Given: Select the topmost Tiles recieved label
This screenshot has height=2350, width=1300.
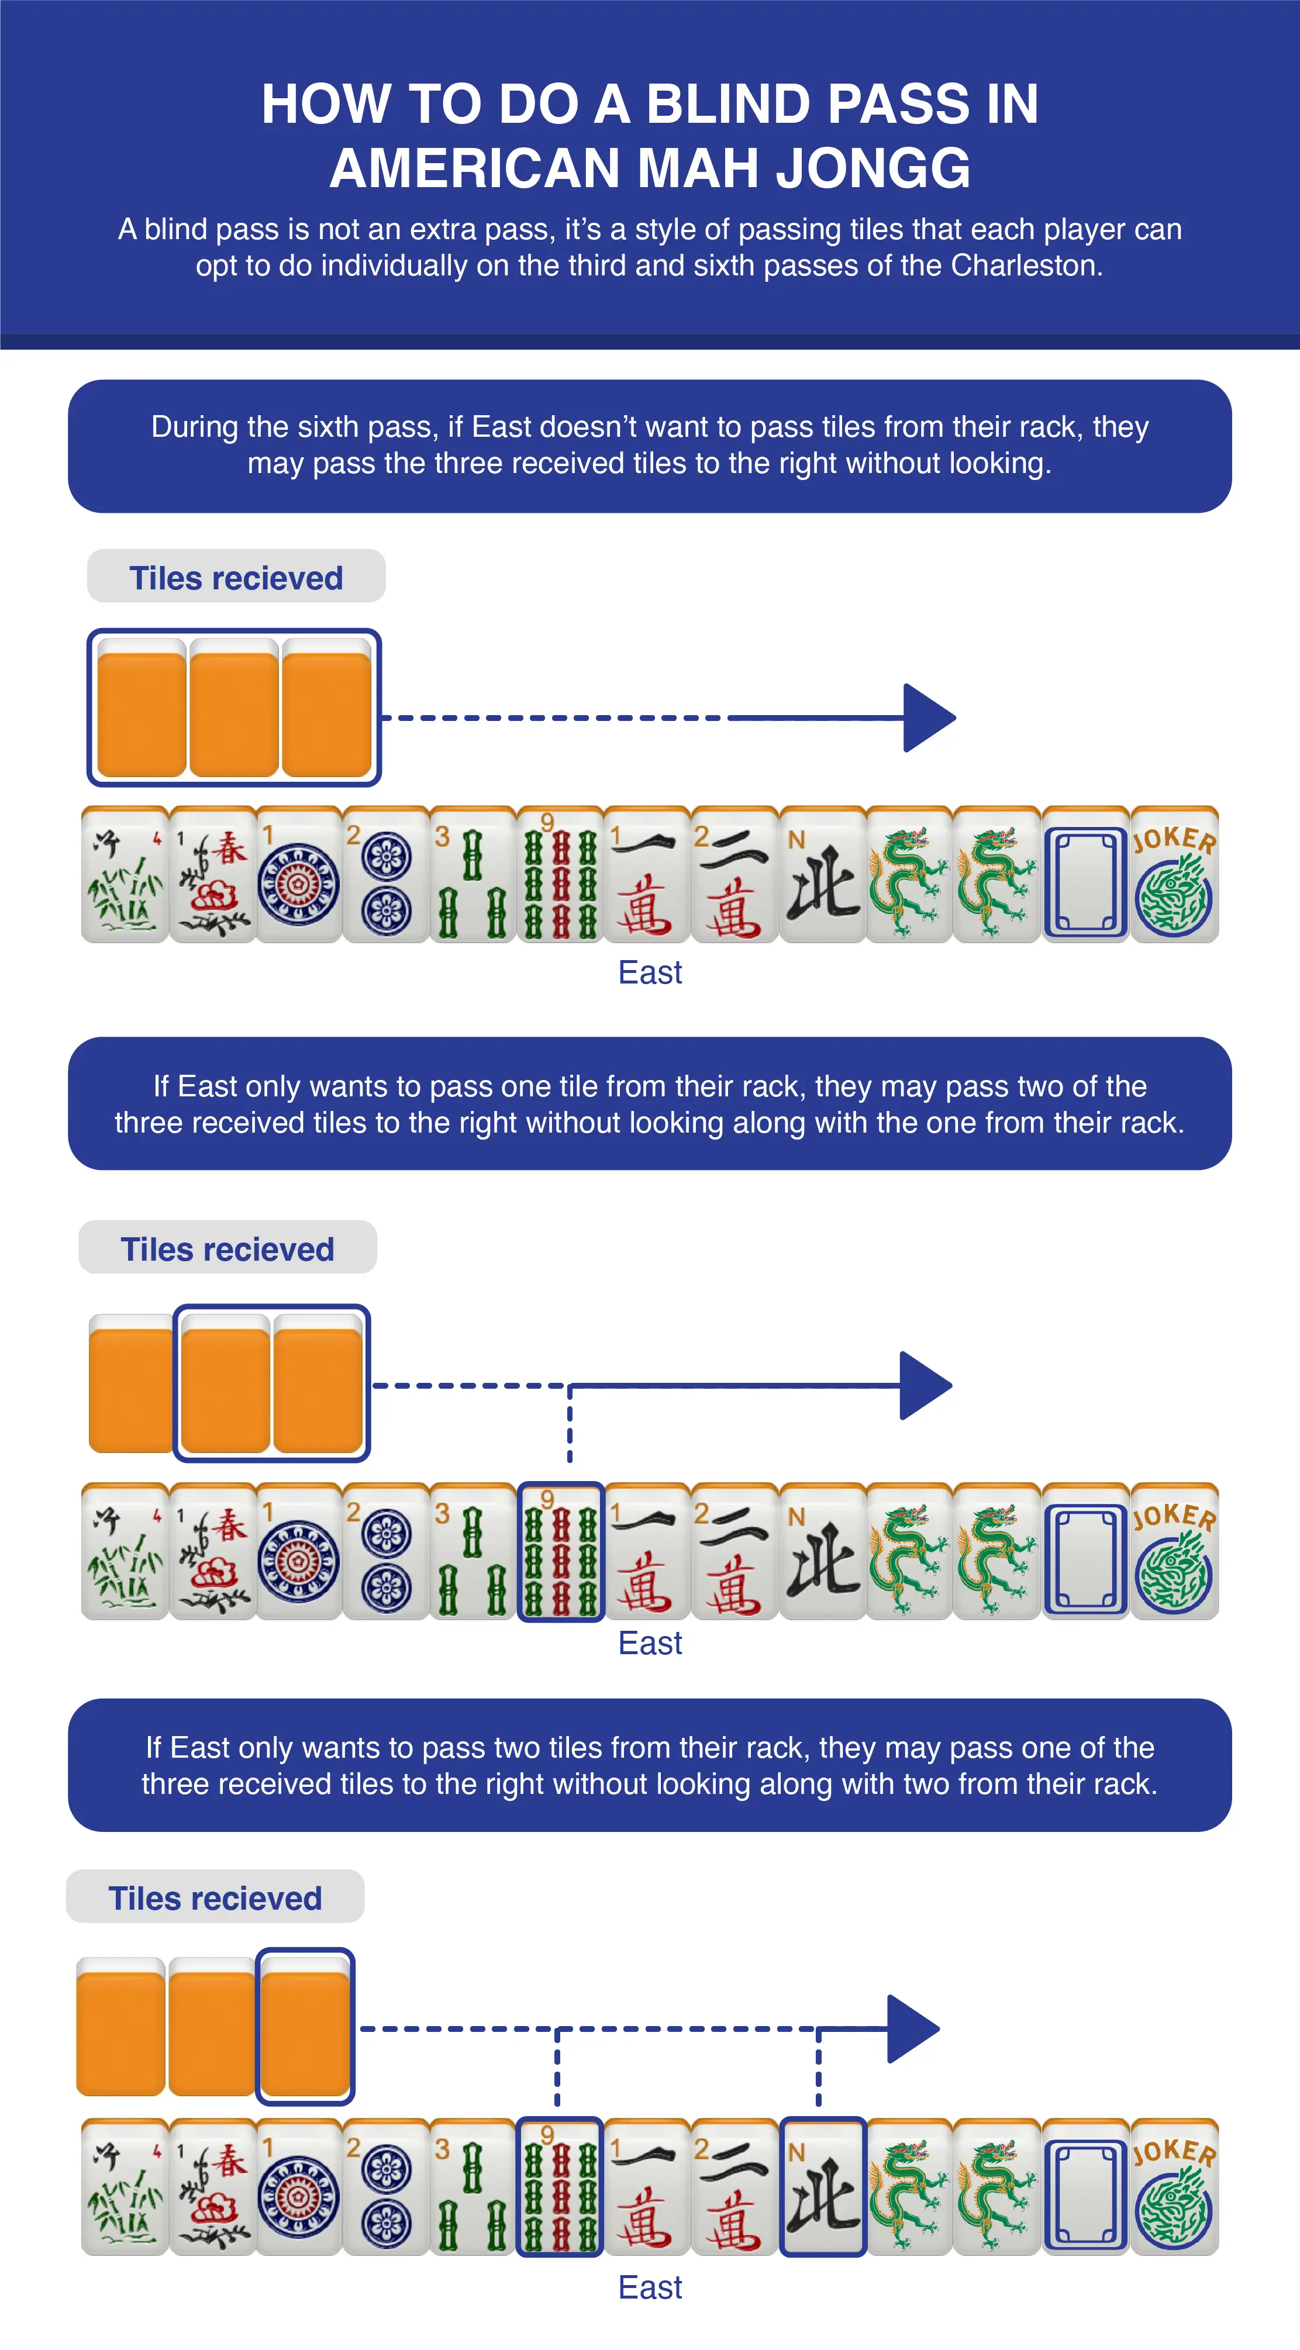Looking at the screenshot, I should tap(236, 578).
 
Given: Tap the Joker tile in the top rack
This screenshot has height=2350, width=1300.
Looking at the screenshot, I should tap(1174, 875).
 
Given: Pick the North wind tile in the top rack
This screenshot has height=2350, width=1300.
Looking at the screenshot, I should tap(822, 875).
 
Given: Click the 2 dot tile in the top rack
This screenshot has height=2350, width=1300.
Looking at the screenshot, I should tap(386, 875).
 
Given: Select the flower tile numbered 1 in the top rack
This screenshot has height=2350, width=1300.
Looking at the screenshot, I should tap(212, 875).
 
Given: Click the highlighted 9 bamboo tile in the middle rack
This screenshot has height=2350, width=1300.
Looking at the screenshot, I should tap(561, 1551).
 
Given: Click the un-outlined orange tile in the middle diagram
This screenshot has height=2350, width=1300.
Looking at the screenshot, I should tap(130, 1385).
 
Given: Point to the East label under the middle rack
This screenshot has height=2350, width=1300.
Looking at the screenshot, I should tap(650, 1643).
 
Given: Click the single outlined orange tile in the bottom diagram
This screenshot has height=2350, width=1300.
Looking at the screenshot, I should tap(305, 2027).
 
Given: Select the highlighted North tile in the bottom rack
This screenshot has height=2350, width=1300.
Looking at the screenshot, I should tap(822, 2187).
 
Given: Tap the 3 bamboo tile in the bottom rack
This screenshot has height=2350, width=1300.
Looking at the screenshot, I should tap(473, 2187).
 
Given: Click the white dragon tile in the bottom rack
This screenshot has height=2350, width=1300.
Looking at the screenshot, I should tap(1085, 2187).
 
